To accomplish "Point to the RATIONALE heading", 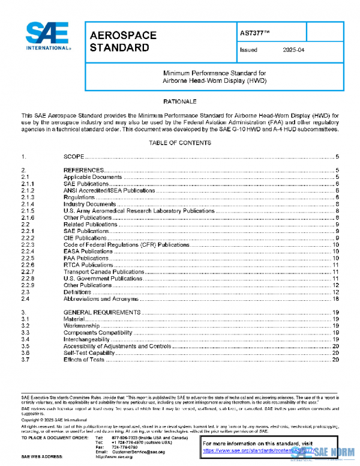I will point(179,102).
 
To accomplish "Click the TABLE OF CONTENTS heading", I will point(179,143).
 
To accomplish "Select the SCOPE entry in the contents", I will point(74,156).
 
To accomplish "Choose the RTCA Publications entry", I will point(88,265).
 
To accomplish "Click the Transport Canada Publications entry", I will point(104,271).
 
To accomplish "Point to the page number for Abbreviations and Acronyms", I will point(337,298).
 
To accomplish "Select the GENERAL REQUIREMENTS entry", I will point(102,312).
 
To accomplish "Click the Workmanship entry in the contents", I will point(83,325).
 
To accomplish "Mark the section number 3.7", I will point(26,359).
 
